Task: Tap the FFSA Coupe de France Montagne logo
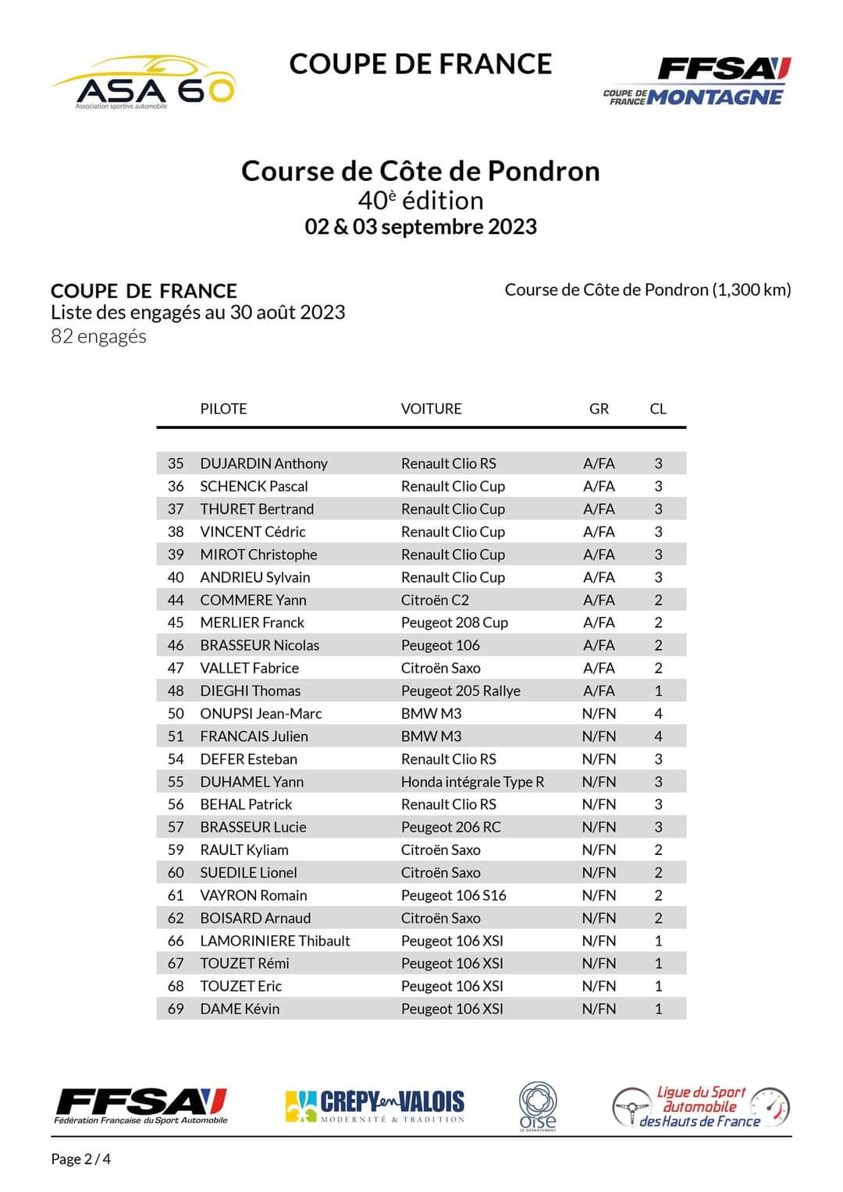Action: click(697, 81)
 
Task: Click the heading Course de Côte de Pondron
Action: click(420, 171)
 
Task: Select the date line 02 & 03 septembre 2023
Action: click(421, 227)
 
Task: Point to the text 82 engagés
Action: click(98, 336)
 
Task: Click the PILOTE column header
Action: click(223, 409)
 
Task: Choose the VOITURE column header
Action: click(431, 409)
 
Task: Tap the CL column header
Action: click(658, 409)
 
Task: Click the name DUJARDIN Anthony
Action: click(263, 463)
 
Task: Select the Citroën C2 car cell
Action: click(435, 600)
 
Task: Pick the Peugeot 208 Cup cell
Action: click(454, 623)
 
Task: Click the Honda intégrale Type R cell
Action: click(472, 782)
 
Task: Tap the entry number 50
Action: click(176, 714)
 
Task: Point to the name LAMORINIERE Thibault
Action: click(275, 941)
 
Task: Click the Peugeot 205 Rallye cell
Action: click(461, 691)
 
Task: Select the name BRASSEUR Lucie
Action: click(253, 827)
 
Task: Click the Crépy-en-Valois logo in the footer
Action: click(375, 1105)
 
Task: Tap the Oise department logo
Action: click(538, 1105)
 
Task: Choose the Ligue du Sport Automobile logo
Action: click(700, 1106)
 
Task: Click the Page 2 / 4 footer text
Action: click(81, 1159)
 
